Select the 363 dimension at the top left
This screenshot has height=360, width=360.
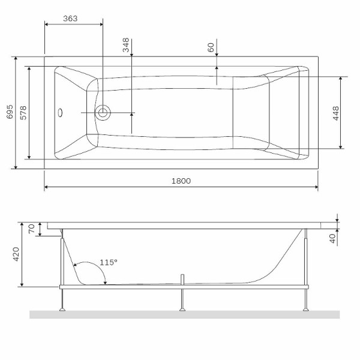tap(71, 19)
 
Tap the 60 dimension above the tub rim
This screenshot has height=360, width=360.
tap(211, 48)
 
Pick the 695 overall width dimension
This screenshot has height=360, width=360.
tap(9, 112)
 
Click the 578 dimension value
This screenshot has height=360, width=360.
tap(23, 112)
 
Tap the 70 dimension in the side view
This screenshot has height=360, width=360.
tap(32, 229)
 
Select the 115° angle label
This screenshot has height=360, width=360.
tap(109, 262)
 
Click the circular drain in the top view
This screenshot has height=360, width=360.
tap(104, 112)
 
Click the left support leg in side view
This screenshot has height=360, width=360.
tap(62, 298)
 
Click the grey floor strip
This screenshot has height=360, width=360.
tap(185, 314)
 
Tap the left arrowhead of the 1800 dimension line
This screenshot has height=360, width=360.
tap(46, 188)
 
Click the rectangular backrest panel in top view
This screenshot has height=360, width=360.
tap(251, 112)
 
